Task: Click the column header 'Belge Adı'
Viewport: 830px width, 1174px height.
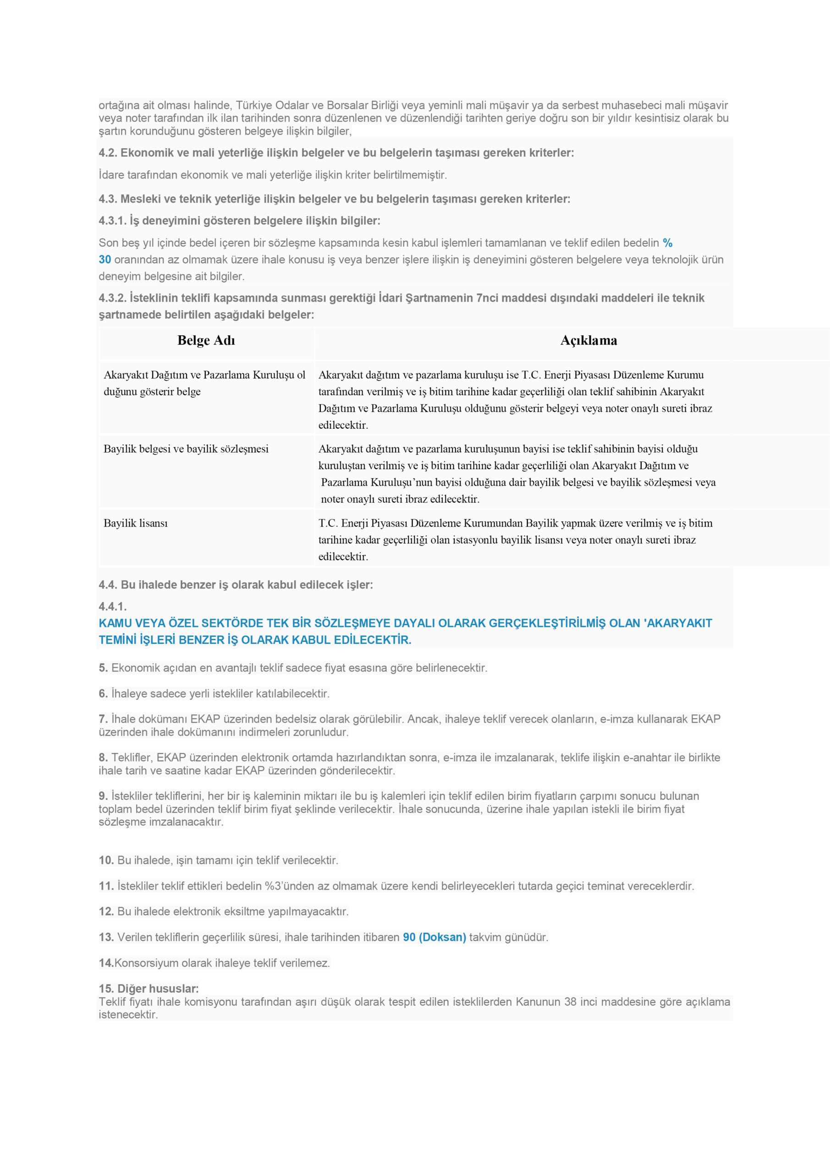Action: tap(206, 341)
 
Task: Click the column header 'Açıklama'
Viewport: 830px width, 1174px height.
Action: tap(588, 341)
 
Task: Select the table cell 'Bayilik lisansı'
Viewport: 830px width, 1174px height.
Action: tap(136, 523)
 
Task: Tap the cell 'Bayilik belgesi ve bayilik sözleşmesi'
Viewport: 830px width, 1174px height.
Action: tap(186, 449)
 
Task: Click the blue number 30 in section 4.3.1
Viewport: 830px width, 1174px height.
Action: tap(105, 260)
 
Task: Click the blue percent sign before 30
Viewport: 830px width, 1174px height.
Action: tap(667, 243)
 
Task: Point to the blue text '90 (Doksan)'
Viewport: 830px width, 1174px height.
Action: tap(434, 937)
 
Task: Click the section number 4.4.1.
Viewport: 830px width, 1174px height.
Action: tap(112, 606)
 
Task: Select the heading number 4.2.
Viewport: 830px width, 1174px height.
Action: tap(108, 153)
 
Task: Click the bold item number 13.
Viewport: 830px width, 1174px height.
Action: tap(106, 937)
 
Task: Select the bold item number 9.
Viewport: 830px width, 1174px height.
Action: tap(103, 796)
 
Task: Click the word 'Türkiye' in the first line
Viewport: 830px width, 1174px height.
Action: tap(254, 105)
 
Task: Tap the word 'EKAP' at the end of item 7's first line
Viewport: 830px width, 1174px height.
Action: tap(705, 719)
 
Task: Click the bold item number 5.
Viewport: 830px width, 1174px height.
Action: tap(103, 668)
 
